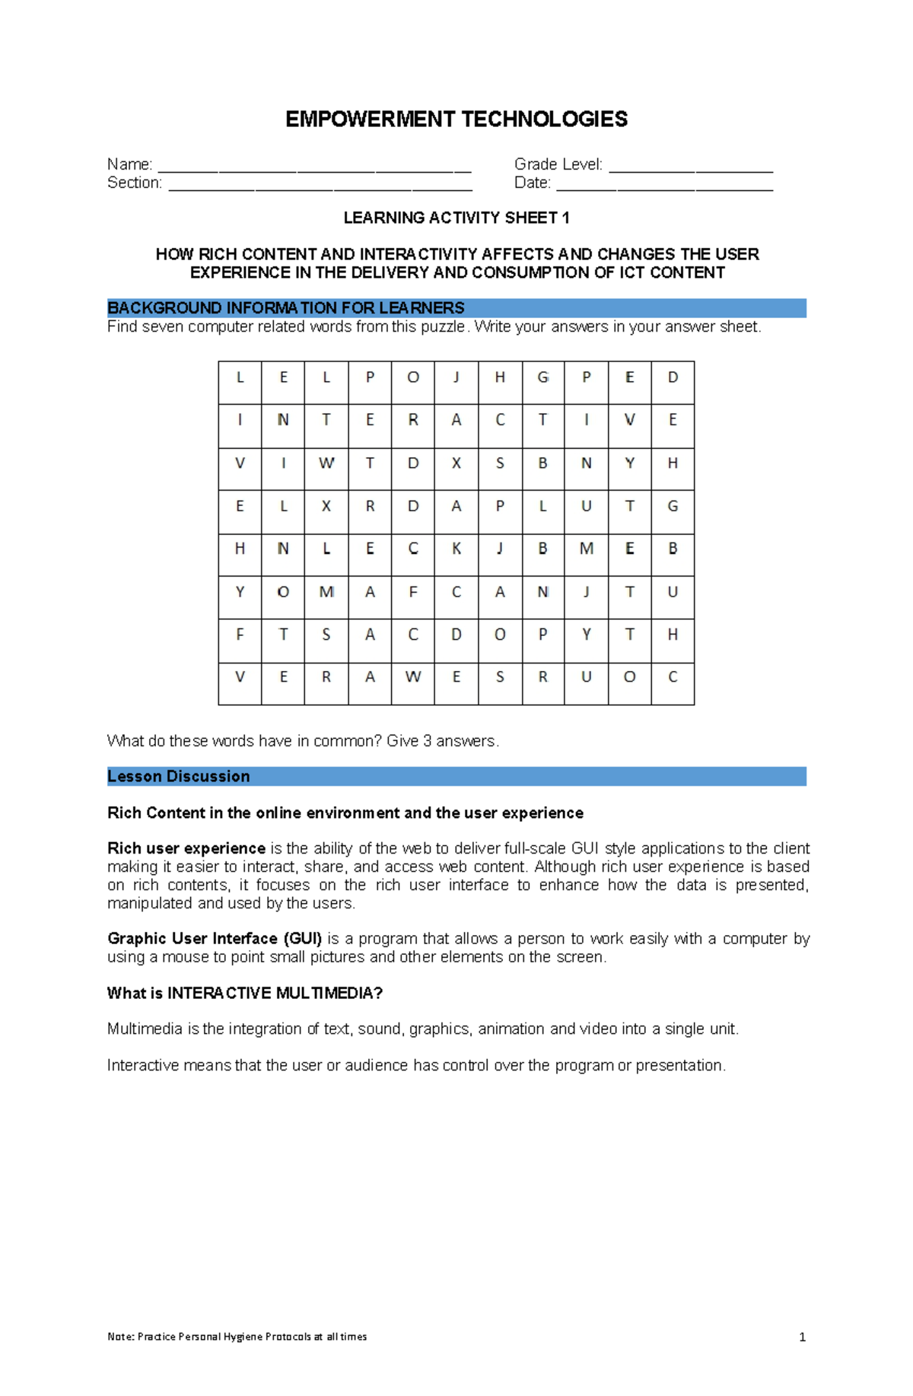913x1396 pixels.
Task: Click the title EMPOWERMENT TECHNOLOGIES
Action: [x=456, y=119]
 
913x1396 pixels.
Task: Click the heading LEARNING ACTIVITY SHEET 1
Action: [x=456, y=218]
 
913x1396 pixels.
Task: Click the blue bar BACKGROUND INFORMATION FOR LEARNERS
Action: [x=456, y=308]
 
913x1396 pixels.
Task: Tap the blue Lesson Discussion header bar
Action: [x=456, y=776]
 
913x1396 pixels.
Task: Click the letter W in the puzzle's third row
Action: [x=326, y=463]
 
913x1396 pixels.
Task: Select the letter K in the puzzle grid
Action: [x=456, y=549]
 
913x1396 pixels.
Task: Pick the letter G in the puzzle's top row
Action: [x=543, y=377]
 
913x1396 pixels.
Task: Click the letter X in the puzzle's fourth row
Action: [x=326, y=506]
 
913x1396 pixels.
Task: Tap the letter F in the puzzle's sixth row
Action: [x=413, y=592]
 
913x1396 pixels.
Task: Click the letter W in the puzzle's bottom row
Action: [x=413, y=677]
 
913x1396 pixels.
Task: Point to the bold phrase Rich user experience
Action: [x=186, y=848]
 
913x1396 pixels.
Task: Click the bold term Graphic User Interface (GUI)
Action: [x=215, y=939]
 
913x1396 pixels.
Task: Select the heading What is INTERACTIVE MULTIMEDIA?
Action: [x=244, y=994]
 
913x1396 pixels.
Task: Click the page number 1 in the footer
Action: [x=802, y=1337]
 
